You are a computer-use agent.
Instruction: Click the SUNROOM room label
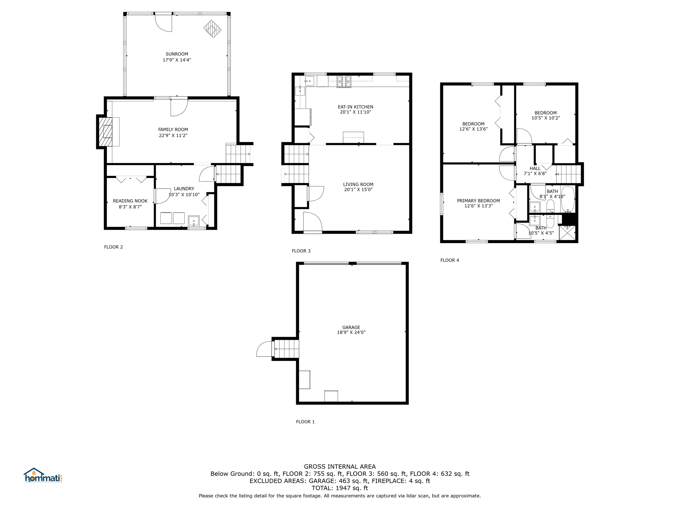tap(177, 54)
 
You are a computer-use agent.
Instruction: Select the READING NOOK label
tap(130, 201)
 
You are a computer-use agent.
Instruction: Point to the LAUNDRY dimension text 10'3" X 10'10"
tap(184, 195)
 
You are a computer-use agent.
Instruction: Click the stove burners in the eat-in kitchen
tap(344, 82)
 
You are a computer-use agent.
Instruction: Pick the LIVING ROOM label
tap(358, 184)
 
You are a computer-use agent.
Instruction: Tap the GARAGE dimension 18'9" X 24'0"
tap(351, 332)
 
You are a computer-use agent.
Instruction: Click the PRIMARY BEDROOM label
tap(478, 201)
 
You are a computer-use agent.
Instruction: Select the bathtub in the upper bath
tap(568, 199)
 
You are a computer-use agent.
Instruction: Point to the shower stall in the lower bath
tap(567, 233)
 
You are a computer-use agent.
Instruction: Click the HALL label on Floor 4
tap(535, 168)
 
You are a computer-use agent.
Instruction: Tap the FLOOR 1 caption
tap(305, 422)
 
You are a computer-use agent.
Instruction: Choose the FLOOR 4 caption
tap(450, 260)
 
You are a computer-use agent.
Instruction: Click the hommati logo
tap(43, 475)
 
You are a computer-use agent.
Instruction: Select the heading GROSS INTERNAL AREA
tap(340, 467)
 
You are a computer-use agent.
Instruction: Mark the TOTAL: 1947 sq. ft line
tap(340, 488)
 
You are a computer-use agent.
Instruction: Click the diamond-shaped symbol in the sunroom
tap(212, 29)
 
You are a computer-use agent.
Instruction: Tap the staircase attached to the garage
tap(286, 349)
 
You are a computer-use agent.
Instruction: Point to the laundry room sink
tap(194, 221)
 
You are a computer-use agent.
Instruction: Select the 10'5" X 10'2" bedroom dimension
tap(546, 118)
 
